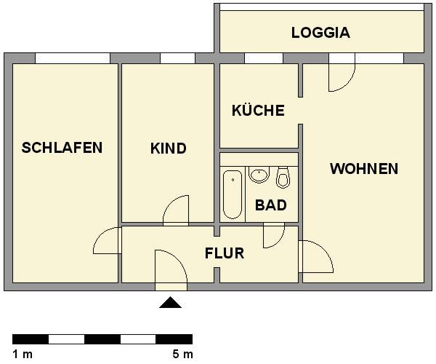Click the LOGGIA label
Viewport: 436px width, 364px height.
click(x=320, y=33)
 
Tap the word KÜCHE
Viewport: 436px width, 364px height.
click(x=257, y=111)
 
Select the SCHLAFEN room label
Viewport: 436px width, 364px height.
click(x=62, y=148)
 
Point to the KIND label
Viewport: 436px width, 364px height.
click(x=168, y=149)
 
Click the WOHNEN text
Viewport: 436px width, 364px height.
click(x=363, y=169)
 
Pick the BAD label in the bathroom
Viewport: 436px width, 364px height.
click(x=270, y=205)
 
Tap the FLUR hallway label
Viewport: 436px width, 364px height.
click(x=224, y=254)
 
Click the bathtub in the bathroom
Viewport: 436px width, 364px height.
click(x=233, y=194)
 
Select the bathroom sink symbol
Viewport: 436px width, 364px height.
click(x=259, y=175)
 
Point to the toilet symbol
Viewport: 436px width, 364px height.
click(x=283, y=177)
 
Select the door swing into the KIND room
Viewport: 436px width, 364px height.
click(x=177, y=210)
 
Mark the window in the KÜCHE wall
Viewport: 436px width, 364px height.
click(x=263, y=58)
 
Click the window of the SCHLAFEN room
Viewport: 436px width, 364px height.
click(x=72, y=58)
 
